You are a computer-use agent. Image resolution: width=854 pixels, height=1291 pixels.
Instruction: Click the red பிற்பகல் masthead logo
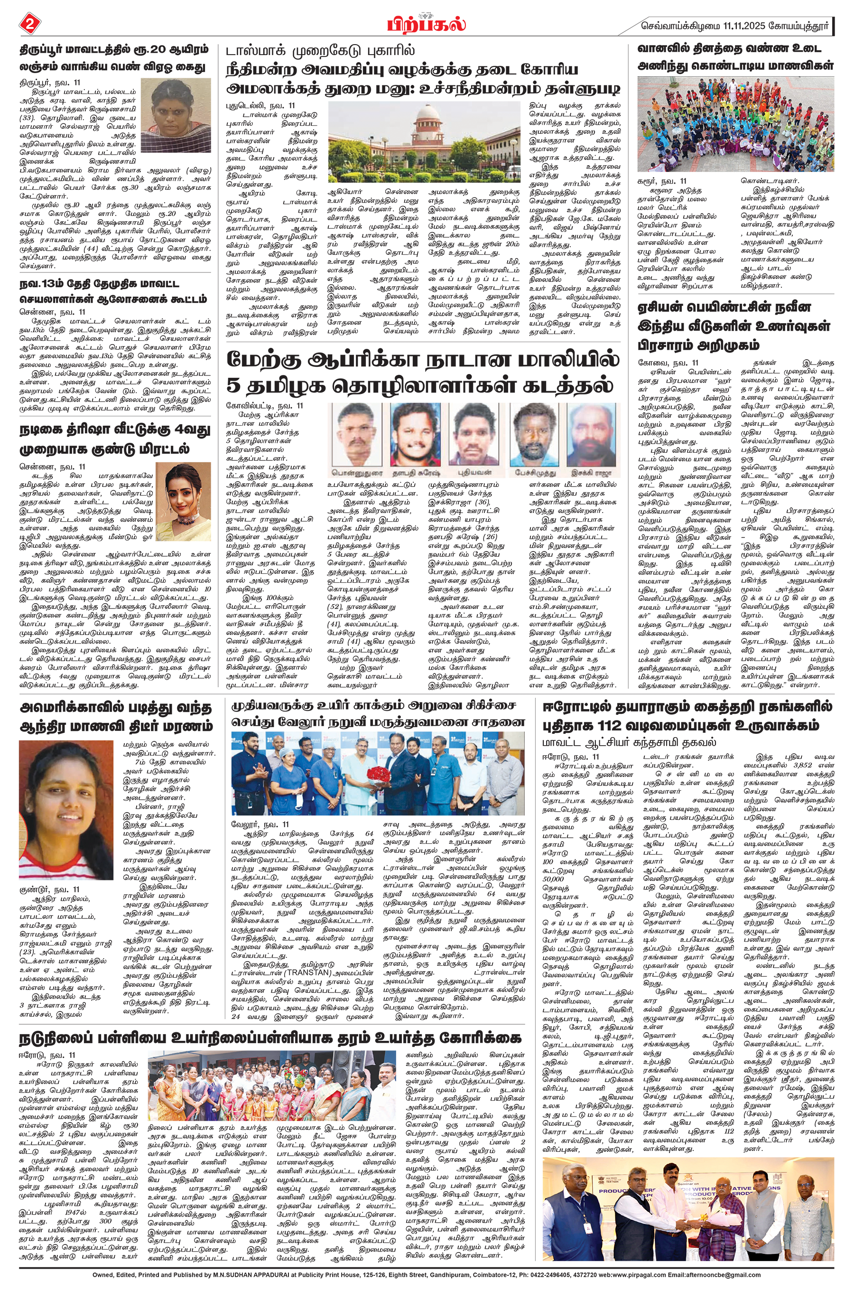point(427,25)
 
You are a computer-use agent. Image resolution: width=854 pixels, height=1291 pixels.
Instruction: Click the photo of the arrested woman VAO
point(176,115)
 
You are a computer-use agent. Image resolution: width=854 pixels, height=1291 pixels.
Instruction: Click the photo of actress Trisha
point(184,502)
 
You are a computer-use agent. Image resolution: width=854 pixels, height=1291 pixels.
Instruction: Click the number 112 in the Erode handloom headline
point(614,726)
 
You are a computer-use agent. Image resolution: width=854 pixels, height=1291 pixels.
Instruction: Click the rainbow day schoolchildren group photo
point(735,124)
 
